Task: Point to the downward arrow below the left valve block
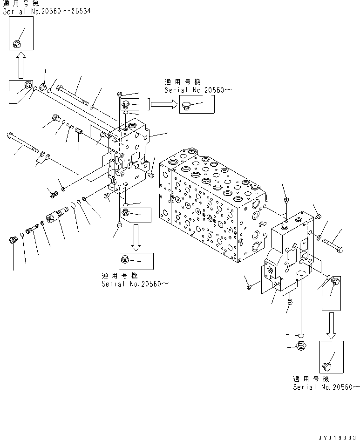coord(136,237)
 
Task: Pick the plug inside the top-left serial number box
coord(18,43)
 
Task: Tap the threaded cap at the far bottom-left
coord(14,240)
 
